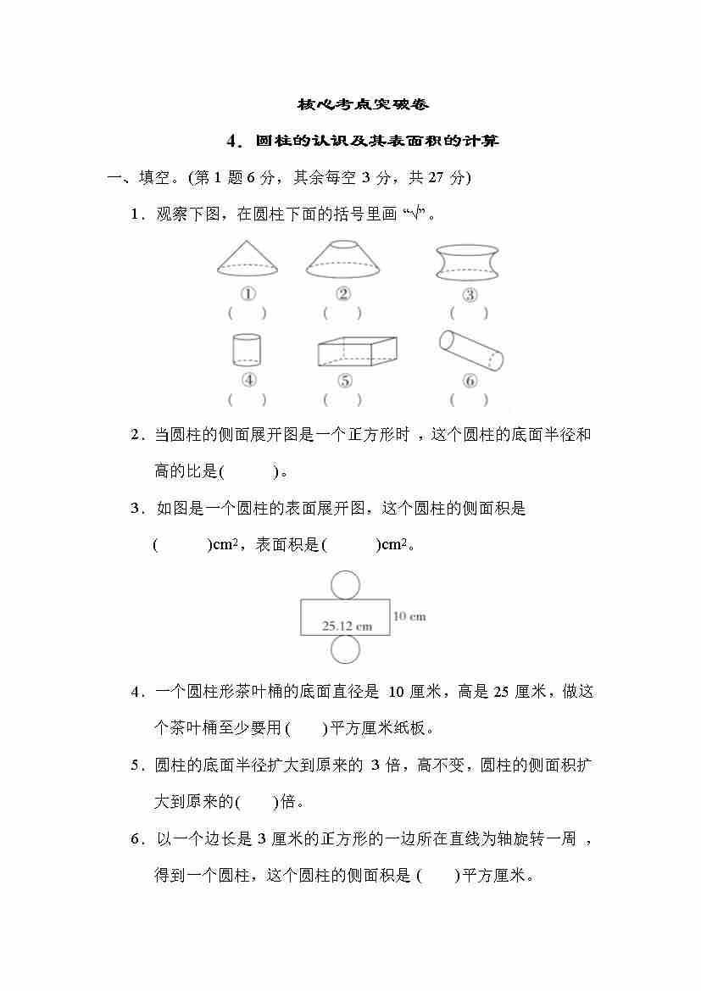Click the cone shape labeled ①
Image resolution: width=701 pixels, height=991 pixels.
coord(248,258)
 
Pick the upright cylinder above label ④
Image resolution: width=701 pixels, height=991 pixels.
coord(247,349)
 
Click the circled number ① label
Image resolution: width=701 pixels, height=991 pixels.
coord(248,294)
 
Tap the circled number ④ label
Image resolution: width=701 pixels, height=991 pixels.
coord(248,381)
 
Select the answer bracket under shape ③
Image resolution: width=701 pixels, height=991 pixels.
coord(469,313)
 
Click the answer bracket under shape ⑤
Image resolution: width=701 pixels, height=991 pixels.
coord(342,399)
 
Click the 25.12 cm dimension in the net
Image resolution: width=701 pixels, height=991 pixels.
coord(347,626)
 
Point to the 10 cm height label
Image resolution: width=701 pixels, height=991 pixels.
coord(409,616)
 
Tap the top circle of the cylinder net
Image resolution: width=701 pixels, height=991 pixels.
coord(345,585)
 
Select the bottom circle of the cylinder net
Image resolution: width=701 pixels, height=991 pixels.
coord(345,650)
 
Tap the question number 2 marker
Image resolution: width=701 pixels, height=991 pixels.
coord(136,435)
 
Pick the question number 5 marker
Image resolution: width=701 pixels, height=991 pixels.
coord(136,766)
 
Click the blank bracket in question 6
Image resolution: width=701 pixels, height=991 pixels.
coord(438,876)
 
